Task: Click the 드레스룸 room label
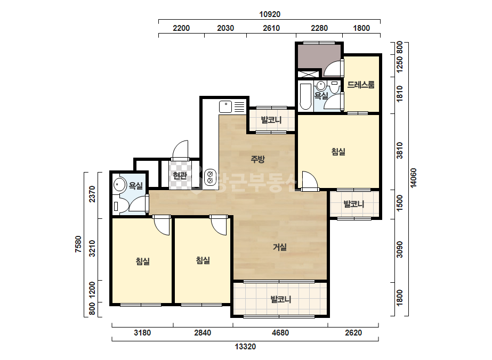tap(361, 84)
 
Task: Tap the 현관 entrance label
tap(180, 176)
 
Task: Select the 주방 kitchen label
tap(257, 159)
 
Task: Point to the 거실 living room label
tap(279, 247)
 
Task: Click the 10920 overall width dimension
tap(270, 14)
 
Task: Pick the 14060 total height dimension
tap(414, 178)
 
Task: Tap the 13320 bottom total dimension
tap(245, 347)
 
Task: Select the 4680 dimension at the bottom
tap(280, 332)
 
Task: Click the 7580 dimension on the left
tap(78, 244)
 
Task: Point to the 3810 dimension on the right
tap(399, 151)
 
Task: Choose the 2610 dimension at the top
tap(271, 28)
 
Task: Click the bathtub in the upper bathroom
tap(305, 96)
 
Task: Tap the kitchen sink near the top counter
tap(225, 107)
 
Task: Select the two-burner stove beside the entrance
tap(210, 177)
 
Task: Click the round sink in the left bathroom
tap(119, 185)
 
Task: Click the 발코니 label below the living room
tap(281, 299)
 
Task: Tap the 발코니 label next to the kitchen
tap(271, 120)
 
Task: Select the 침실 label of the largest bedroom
tap(338, 152)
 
